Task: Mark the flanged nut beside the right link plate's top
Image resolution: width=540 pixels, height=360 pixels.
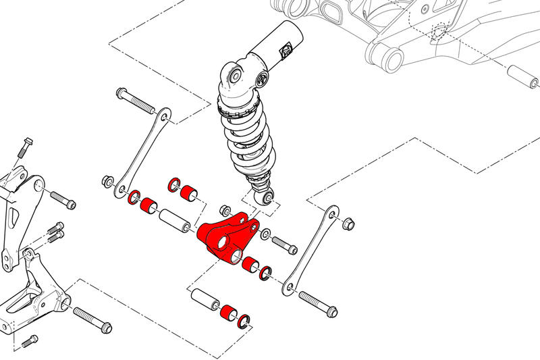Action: click(349, 224)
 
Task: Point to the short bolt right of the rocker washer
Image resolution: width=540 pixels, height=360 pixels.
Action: click(284, 245)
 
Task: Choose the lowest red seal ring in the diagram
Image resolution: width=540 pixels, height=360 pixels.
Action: click(244, 320)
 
